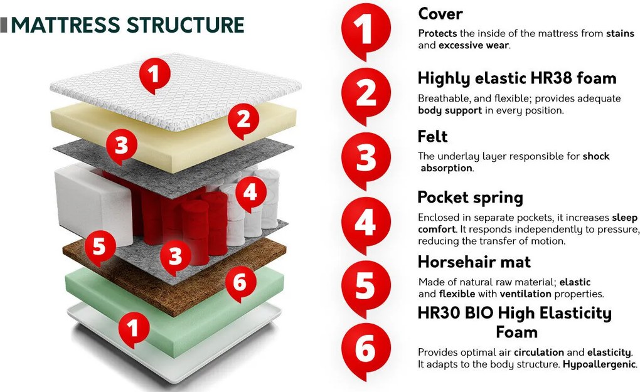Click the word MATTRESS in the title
pos(66,25)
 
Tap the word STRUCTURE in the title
pos(185,25)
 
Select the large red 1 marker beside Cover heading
pos(366,31)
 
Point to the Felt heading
pos(432,137)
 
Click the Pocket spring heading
pos(470,198)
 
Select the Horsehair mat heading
pos(474,262)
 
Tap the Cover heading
pos(440,14)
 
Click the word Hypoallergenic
pos(599,364)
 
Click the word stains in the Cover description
pos(620,33)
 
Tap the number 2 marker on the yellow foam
pos(243,120)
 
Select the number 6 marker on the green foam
pos(240,283)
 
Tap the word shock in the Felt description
pos(596,156)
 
